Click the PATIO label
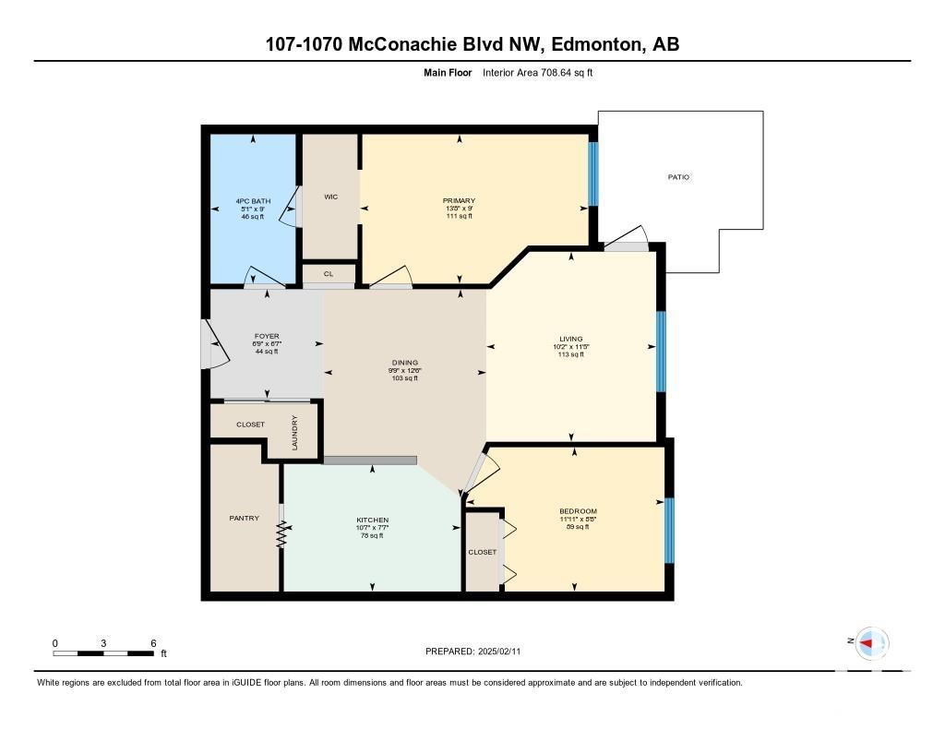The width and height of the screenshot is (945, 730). click(678, 177)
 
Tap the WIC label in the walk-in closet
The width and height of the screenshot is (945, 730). click(331, 197)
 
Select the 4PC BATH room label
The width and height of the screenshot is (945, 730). click(253, 201)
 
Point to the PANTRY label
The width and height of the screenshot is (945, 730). click(244, 518)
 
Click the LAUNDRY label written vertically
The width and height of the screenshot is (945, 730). click(294, 432)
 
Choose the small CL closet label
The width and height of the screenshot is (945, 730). click(329, 274)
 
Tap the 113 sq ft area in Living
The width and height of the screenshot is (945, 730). click(571, 354)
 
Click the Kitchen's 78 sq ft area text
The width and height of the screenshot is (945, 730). click(372, 535)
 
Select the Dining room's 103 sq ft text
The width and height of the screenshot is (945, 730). click(405, 378)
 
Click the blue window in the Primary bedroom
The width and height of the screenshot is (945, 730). click(593, 174)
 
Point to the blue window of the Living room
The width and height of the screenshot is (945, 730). click(661, 352)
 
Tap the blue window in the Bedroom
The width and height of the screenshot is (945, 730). click(669, 531)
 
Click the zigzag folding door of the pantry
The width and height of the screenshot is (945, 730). click(281, 534)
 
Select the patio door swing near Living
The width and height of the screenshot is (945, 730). click(627, 239)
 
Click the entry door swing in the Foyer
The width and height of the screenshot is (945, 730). click(214, 344)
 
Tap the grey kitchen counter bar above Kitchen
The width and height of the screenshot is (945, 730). click(369, 461)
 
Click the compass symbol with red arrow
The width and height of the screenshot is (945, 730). click(872, 642)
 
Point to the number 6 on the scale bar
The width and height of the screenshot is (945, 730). click(154, 643)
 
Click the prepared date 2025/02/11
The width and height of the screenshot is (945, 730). click(499, 652)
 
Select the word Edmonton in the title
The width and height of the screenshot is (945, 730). click(595, 44)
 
